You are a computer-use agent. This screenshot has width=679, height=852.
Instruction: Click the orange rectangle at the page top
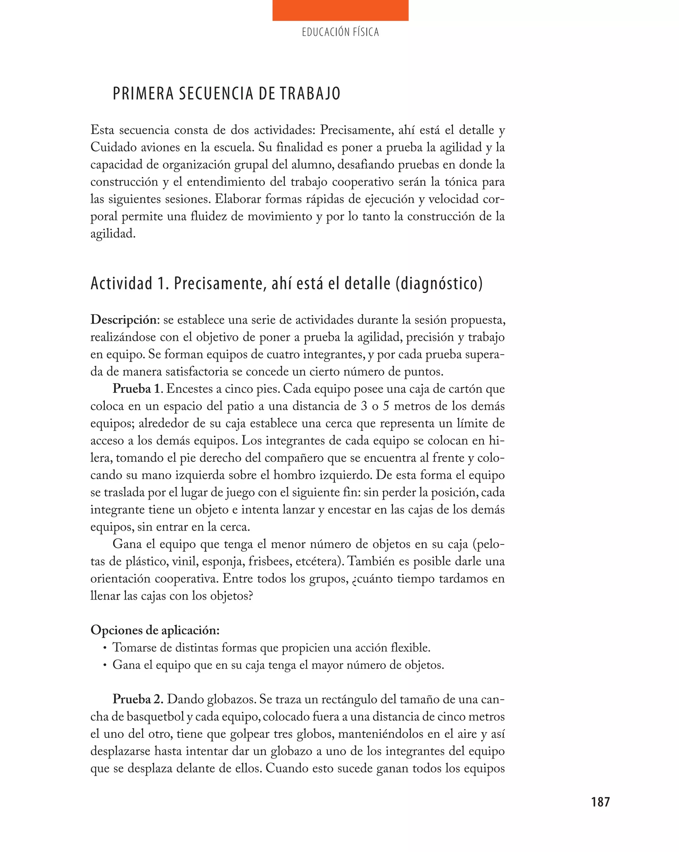point(340,10)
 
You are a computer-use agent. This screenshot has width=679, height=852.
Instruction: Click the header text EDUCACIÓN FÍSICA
point(340,32)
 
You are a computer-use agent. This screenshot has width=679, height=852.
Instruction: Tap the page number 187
point(600,802)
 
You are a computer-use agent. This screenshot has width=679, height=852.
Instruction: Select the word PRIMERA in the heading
point(143,94)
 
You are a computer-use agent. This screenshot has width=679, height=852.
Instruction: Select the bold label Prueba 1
point(137,389)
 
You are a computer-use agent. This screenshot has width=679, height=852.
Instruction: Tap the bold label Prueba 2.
point(137,700)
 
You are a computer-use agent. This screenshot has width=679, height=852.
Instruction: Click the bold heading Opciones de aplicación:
point(155,630)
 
